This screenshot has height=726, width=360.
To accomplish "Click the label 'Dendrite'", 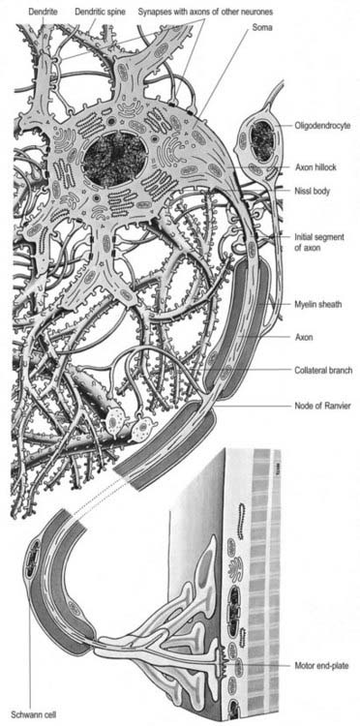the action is point(43,12).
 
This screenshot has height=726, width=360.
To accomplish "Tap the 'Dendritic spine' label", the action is point(100,12).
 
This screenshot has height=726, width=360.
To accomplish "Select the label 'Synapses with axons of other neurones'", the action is point(205,12).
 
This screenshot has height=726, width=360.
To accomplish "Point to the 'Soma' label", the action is point(263,28).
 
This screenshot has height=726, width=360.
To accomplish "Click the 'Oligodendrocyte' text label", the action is point(319,125).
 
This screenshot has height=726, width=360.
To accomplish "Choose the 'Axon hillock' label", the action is point(315,167).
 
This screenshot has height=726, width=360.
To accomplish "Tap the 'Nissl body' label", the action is point(313,191).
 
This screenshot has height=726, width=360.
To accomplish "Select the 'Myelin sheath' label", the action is point(318,304).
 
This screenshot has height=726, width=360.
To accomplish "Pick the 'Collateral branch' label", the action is point(323,371).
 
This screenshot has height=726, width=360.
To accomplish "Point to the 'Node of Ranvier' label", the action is point(322,407).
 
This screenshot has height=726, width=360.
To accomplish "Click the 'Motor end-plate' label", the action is point(321,666).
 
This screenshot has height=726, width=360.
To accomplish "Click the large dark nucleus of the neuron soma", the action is point(115,161).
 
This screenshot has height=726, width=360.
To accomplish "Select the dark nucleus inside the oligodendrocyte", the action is point(262,136).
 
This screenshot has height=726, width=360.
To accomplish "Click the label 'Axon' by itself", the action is point(304,338).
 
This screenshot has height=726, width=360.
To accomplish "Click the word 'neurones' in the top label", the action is point(256,12).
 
